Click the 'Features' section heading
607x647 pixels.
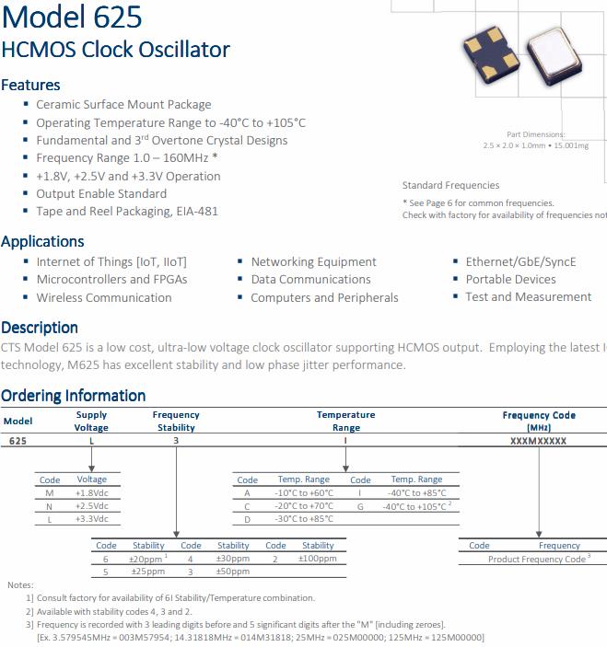tap(30, 85)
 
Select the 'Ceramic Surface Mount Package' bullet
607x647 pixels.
tap(123, 105)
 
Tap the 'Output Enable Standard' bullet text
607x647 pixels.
tap(101, 193)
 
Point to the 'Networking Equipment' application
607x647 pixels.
tap(313, 262)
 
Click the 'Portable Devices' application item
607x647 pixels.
tap(510, 280)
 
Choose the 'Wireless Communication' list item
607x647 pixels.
tap(104, 297)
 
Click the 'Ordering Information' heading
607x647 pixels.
tap(74, 396)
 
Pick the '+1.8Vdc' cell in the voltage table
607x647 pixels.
tap(92, 492)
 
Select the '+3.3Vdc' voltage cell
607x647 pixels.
tap(92, 518)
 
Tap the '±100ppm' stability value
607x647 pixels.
tap(318, 559)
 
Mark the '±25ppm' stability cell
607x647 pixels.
tap(148, 572)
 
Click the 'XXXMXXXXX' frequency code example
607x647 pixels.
tap(539, 442)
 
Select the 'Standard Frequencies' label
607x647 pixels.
tap(450, 185)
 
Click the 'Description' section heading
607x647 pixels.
tap(40, 328)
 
